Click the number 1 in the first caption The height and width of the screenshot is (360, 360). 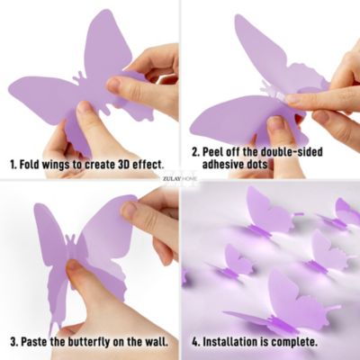click(x=13, y=166)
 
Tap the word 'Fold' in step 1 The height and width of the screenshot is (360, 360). click(x=31, y=166)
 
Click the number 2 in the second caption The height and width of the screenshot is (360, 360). click(x=194, y=152)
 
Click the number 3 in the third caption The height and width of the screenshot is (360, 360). click(x=13, y=342)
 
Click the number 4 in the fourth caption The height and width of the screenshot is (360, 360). click(x=194, y=342)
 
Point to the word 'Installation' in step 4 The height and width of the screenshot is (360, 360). click(x=235, y=342)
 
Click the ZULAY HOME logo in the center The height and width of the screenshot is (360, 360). click(x=179, y=178)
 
